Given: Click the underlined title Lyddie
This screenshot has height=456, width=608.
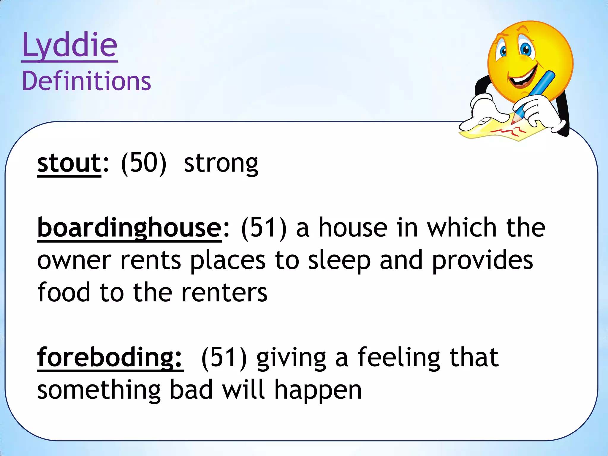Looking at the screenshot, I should (70, 45).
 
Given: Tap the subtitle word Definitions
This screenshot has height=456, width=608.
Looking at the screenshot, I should (86, 81).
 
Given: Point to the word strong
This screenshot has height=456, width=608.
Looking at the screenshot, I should (221, 164).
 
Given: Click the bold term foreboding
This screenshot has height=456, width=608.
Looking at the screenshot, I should (110, 358).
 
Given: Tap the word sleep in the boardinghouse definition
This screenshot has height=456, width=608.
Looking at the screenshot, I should (339, 261).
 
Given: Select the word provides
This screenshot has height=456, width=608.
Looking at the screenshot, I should (482, 261).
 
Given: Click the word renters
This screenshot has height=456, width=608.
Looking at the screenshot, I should (224, 293).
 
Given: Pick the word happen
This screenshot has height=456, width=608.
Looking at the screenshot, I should (318, 390).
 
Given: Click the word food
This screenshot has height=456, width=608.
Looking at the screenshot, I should (64, 293).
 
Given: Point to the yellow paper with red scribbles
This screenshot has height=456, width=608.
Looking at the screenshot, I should (505, 131).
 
